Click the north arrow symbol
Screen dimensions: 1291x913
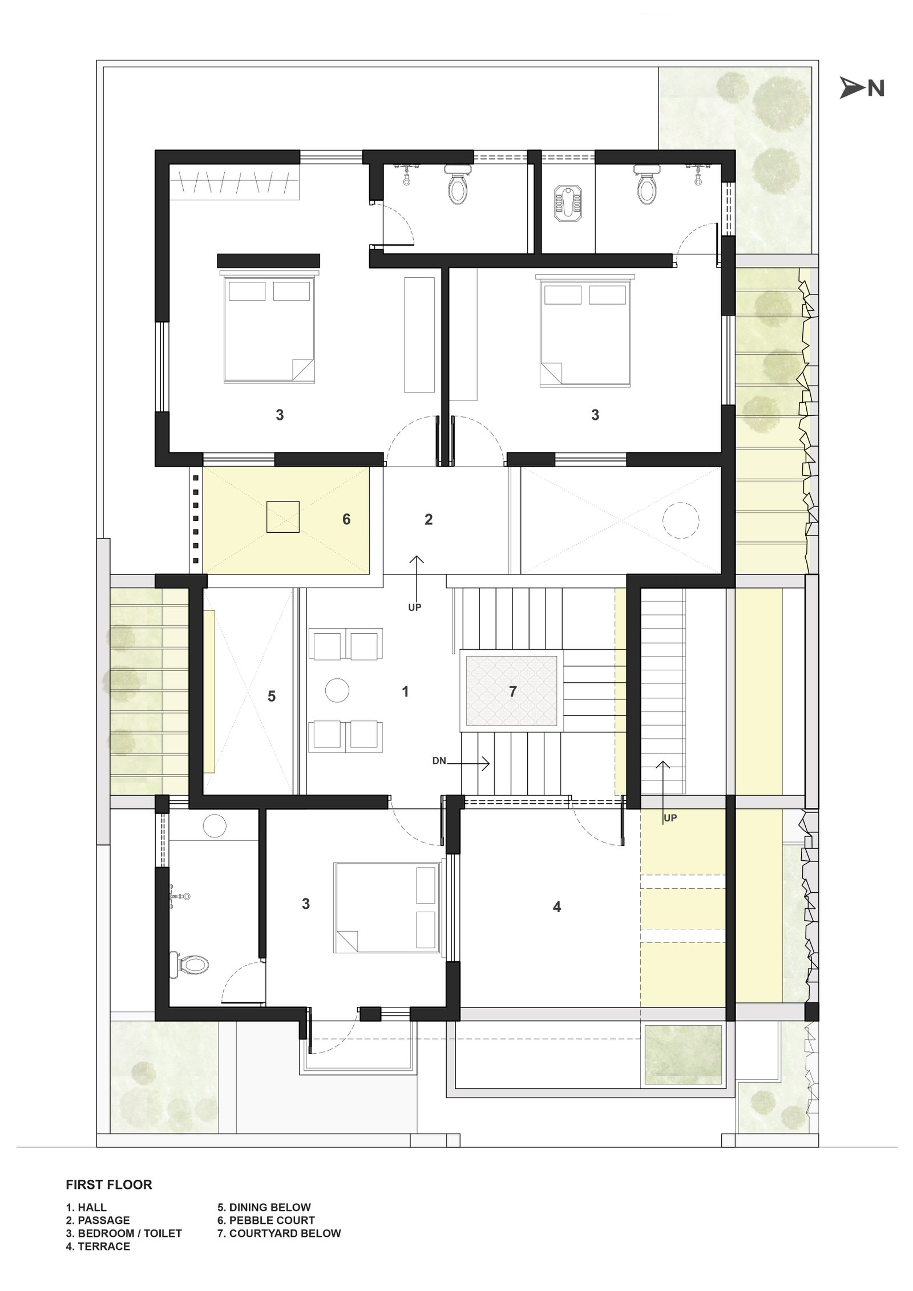tap(851, 88)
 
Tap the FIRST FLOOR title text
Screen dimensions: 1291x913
tap(108, 1185)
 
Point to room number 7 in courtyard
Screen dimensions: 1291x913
tap(512, 691)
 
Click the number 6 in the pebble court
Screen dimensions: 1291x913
tap(346, 519)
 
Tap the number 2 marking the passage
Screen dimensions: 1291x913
tap(429, 519)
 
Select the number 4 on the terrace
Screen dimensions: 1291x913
tap(557, 906)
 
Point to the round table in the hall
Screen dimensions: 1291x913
tap(337, 690)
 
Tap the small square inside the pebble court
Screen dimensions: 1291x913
tap(283, 517)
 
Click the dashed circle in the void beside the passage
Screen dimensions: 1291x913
tap(680, 520)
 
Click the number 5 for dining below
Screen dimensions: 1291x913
tap(272, 696)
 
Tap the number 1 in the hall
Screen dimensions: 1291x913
tap(405, 692)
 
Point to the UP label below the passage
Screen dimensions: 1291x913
tap(415, 608)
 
